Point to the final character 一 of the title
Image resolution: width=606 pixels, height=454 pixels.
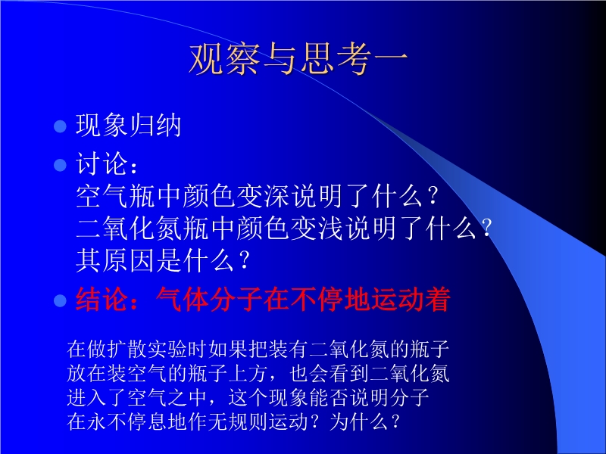[x=391, y=59]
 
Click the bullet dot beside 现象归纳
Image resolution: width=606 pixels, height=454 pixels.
[x=61, y=126]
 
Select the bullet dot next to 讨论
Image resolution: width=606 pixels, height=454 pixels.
[x=61, y=165]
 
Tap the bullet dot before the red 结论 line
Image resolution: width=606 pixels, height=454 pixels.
[x=61, y=300]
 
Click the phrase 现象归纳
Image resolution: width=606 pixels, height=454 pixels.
[x=128, y=126]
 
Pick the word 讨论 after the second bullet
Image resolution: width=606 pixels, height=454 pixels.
[x=102, y=163]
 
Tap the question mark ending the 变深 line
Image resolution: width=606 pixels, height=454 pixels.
[x=433, y=196]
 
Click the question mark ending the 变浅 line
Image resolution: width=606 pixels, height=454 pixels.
[x=487, y=229]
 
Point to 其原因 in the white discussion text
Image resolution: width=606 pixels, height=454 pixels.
[x=115, y=260]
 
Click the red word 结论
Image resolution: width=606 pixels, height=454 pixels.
[x=102, y=300]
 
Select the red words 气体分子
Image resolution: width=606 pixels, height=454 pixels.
[x=210, y=300]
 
